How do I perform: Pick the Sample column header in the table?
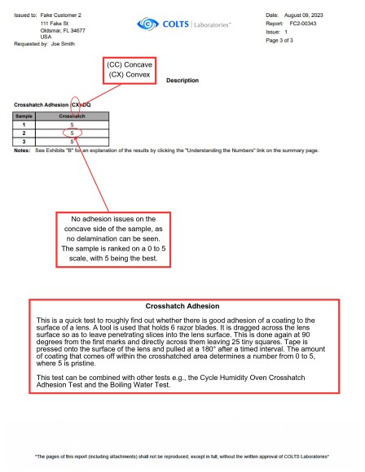tap(24, 116)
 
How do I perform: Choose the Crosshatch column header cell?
tap(73, 116)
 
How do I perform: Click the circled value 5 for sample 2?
tap(73, 132)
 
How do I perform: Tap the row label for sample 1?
tap(24, 124)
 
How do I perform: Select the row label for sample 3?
tap(24, 140)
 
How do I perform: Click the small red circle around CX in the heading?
tap(75, 104)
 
